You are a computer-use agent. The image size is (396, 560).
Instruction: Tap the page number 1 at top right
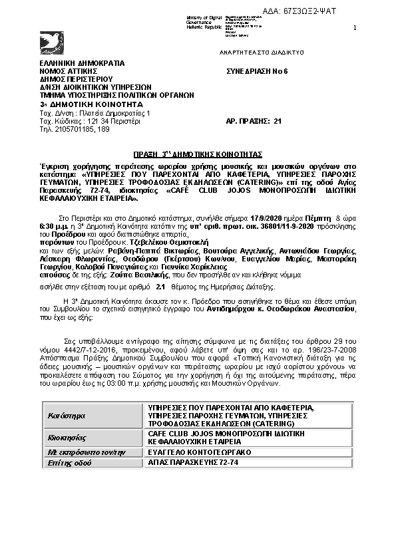tap(354, 27)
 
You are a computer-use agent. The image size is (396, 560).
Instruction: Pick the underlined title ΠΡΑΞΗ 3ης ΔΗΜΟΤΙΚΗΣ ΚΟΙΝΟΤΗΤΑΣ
tap(198, 152)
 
